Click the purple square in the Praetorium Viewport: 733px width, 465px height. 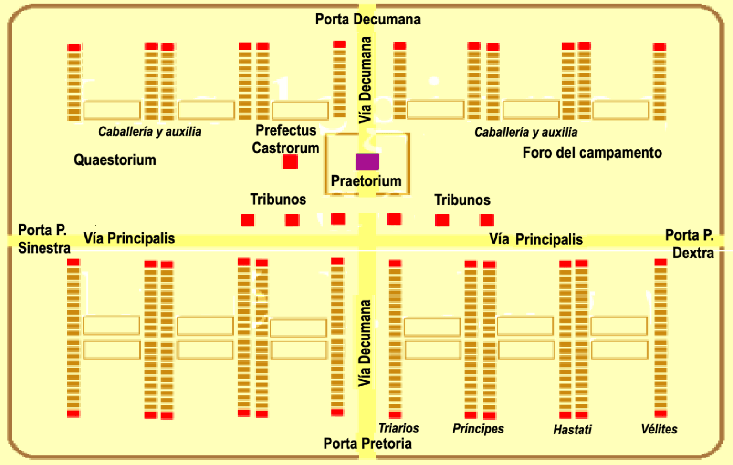367,162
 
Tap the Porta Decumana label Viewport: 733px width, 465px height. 367,20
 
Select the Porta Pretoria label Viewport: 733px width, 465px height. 367,444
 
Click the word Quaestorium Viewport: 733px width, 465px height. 115,159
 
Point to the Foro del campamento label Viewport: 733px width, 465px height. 592,153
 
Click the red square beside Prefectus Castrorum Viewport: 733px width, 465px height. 290,162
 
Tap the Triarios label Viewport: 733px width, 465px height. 398,428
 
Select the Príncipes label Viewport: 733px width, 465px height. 478,429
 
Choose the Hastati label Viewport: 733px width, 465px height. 572,430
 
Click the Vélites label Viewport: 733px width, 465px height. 659,429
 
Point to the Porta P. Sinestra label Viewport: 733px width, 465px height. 43,239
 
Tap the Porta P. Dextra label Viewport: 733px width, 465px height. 690,243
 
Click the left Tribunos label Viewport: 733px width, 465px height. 278,199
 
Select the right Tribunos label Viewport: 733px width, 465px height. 462,200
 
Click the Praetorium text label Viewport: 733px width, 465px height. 366,181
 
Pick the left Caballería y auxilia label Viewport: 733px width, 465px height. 149,132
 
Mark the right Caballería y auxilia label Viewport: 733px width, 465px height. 525,132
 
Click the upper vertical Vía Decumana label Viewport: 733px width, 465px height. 365,80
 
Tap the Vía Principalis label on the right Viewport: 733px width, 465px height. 535,239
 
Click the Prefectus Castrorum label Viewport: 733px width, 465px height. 285,139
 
